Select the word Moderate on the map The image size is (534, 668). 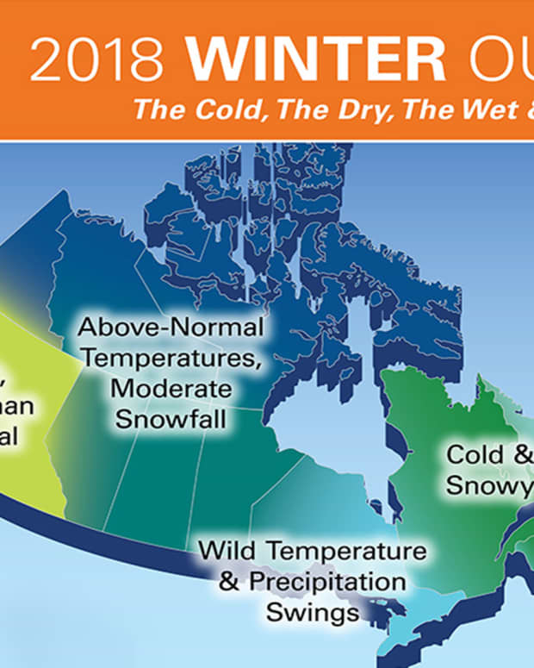click(x=171, y=389)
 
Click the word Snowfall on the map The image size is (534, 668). click(x=171, y=420)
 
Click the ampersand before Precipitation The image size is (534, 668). click(x=229, y=582)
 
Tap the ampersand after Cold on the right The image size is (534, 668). click(x=520, y=453)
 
